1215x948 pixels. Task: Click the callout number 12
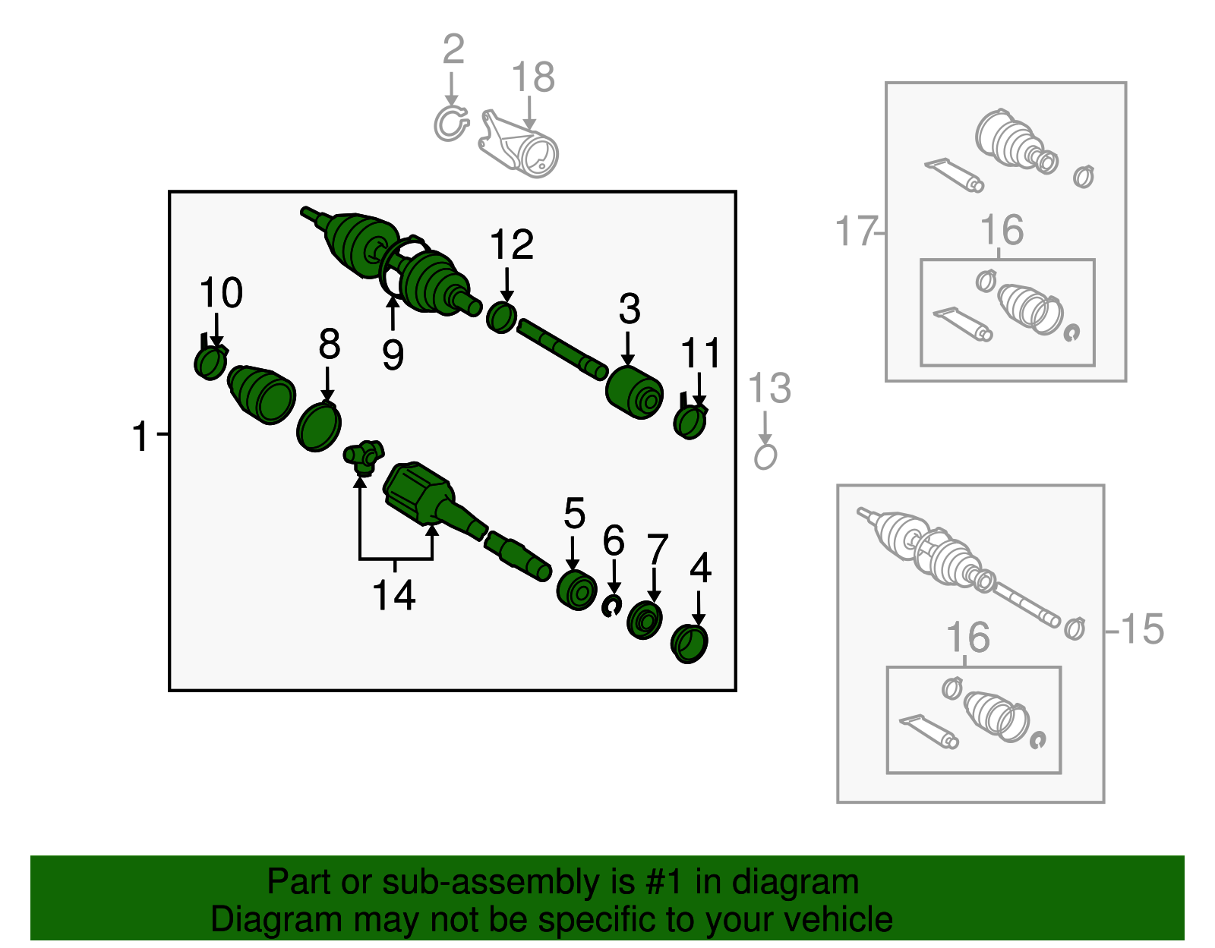point(511,244)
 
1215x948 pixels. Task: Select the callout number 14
point(393,595)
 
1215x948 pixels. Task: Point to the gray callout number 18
point(533,77)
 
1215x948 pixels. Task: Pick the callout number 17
point(855,231)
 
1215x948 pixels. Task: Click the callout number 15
point(1142,629)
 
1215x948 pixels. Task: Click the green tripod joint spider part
point(364,457)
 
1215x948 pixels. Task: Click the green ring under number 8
point(318,427)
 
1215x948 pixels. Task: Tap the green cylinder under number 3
point(634,392)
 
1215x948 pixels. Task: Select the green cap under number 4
point(690,644)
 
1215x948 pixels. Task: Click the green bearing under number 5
point(577,591)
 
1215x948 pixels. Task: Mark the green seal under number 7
point(644,620)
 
